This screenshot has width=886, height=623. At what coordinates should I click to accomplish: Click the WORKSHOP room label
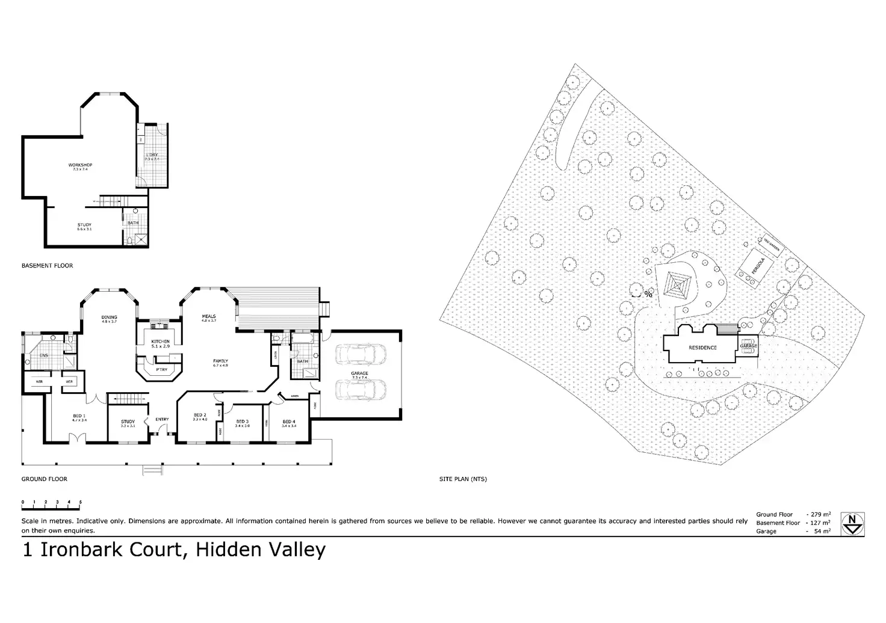(x=80, y=165)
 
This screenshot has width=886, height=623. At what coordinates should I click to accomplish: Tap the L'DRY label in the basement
(x=151, y=156)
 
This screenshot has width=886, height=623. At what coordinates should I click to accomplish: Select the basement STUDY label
(x=84, y=225)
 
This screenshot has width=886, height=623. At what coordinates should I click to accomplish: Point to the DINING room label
(x=109, y=317)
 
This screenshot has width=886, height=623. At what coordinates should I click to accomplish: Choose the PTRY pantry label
(x=161, y=370)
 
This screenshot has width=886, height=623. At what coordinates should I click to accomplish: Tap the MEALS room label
(x=209, y=316)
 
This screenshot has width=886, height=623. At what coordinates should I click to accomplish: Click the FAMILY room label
(x=220, y=361)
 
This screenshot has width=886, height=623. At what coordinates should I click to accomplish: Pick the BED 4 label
(x=289, y=422)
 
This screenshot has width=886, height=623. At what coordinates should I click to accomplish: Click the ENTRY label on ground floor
(x=162, y=419)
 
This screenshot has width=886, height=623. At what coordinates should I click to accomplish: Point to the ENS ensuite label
(x=43, y=355)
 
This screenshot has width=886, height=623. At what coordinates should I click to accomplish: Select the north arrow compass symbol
(x=853, y=523)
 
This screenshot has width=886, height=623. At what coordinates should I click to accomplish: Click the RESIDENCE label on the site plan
(x=702, y=348)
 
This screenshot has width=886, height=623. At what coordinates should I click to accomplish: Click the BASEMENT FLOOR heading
(x=47, y=265)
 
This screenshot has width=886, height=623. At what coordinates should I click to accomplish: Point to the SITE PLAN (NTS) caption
(x=463, y=479)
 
